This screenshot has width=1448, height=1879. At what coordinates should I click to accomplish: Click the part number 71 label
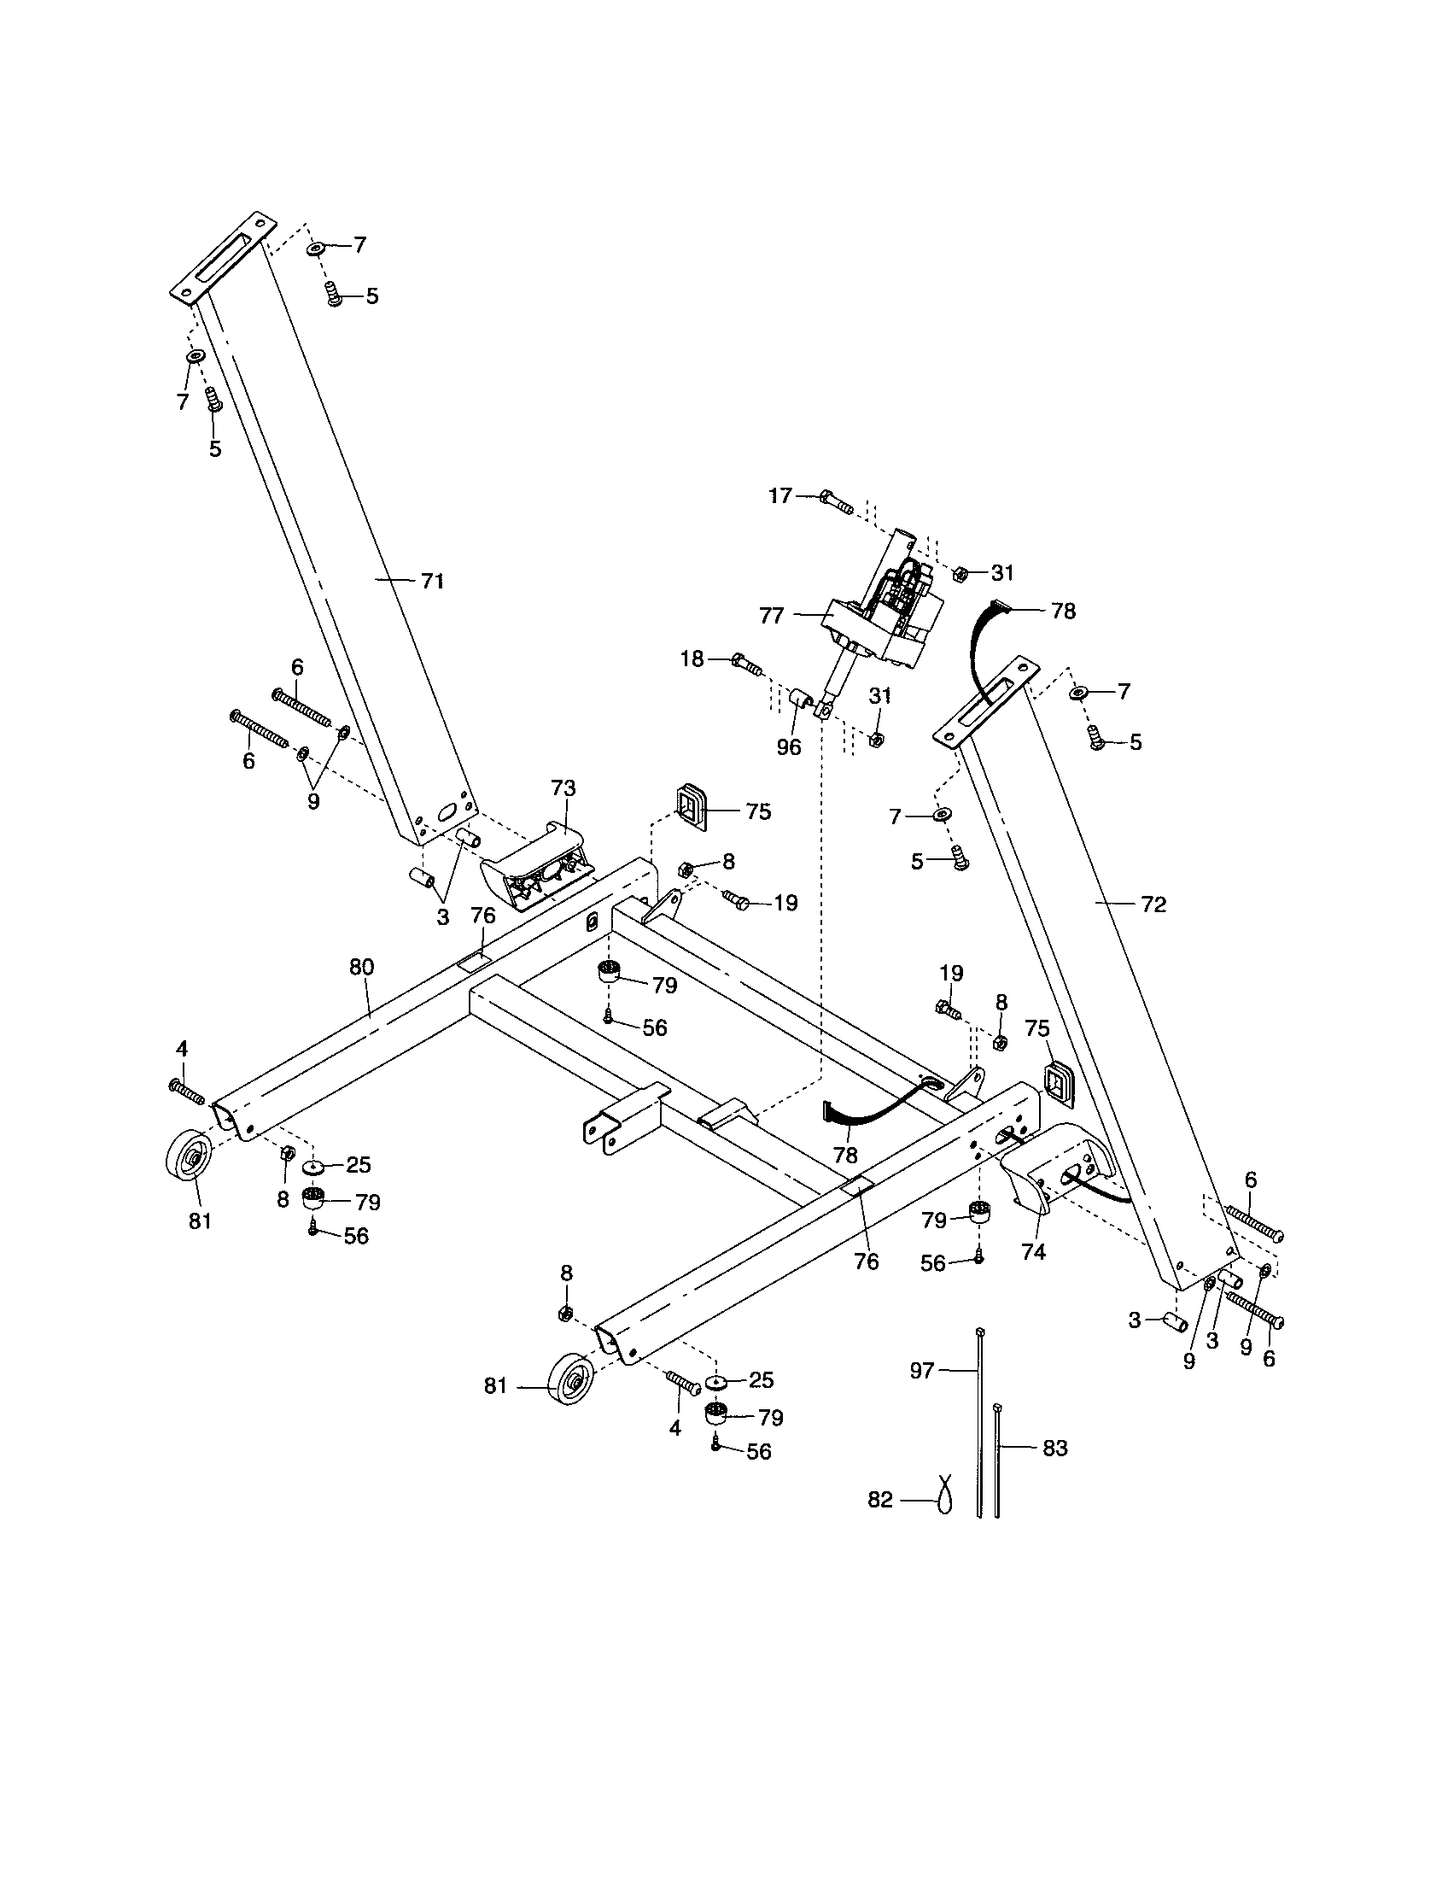point(432,582)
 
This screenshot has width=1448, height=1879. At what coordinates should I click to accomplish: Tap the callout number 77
point(771,615)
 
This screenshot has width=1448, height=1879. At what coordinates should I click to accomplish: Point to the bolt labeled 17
point(835,500)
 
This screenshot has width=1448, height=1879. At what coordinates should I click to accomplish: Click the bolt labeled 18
point(746,664)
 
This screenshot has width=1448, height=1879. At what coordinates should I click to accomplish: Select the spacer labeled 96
point(802,698)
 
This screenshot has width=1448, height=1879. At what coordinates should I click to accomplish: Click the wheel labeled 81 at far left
point(189,1157)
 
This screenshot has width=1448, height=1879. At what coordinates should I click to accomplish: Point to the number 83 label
point(1054,1449)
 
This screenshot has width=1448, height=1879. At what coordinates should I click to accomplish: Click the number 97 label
point(922,1371)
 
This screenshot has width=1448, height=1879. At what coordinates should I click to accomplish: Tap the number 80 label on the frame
point(362,967)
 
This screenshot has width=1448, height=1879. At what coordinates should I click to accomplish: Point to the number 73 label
point(563,789)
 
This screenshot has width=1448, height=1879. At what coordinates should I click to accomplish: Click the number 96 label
point(789,747)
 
